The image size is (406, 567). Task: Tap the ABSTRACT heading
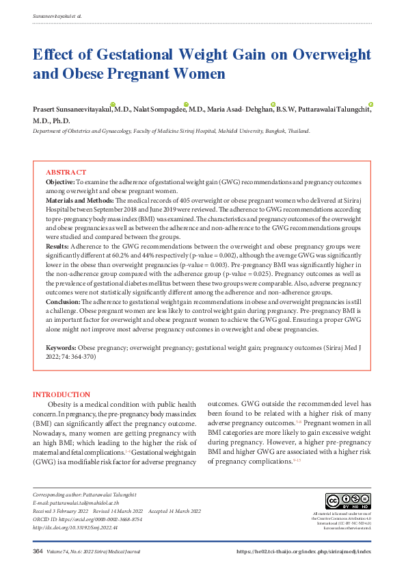coord(66,172)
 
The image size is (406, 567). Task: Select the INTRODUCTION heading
coord(62,394)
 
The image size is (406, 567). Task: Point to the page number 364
coord(38,551)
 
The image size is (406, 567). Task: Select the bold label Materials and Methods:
coord(80,200)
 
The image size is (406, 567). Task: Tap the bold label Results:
coord(57,245)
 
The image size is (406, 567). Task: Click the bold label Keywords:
coord(62,349)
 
